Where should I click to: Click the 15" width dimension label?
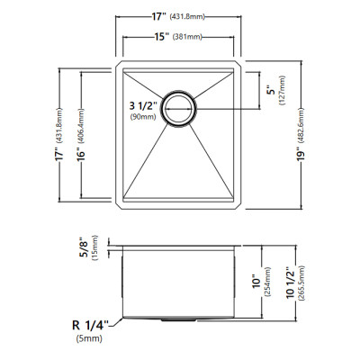pos(161,37)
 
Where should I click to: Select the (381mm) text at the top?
pos(187,37)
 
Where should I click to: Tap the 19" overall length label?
pos(301,154)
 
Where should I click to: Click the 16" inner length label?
pos(81,154)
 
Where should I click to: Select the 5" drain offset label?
pos(272,91)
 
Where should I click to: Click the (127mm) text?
pos(283,91)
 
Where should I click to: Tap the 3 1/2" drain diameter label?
pos(143,106)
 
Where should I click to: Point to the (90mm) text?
pos(143,117)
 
